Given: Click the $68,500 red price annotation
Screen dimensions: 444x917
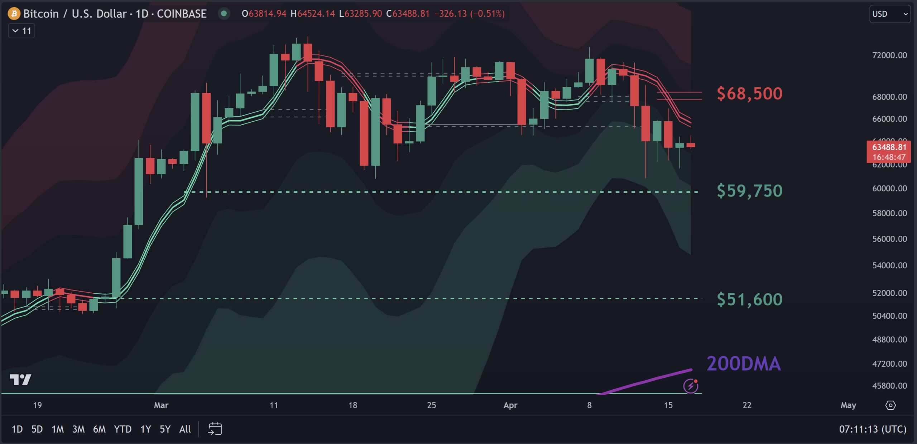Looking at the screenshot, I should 749,94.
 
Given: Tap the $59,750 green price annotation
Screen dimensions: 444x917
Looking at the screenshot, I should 749,191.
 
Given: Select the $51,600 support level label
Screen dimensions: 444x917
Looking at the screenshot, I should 749,299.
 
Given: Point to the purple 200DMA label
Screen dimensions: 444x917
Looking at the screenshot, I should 744,364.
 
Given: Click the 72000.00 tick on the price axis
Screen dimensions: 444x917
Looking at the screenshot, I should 889,55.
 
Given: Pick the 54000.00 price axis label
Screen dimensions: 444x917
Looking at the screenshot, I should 889,265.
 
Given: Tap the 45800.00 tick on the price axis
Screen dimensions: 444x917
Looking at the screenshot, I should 889,386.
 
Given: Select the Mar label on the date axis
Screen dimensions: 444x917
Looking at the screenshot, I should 161,405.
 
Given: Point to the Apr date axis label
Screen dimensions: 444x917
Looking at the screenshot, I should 510,405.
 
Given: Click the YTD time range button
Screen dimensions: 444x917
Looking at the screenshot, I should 123,429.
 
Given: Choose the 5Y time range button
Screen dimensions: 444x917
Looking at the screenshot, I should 165,429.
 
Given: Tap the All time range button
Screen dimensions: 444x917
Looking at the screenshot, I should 185,429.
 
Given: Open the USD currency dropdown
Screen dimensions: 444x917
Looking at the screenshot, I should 889,14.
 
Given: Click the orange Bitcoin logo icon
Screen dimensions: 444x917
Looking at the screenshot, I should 14,14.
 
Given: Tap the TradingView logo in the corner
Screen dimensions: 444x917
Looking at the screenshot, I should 20,379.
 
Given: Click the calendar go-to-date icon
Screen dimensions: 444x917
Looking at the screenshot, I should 215,429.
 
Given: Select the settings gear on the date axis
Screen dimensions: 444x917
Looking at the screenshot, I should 890,405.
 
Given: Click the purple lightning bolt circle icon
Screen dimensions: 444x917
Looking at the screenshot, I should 690,386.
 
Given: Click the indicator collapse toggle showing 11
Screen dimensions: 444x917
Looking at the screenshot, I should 21,31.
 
